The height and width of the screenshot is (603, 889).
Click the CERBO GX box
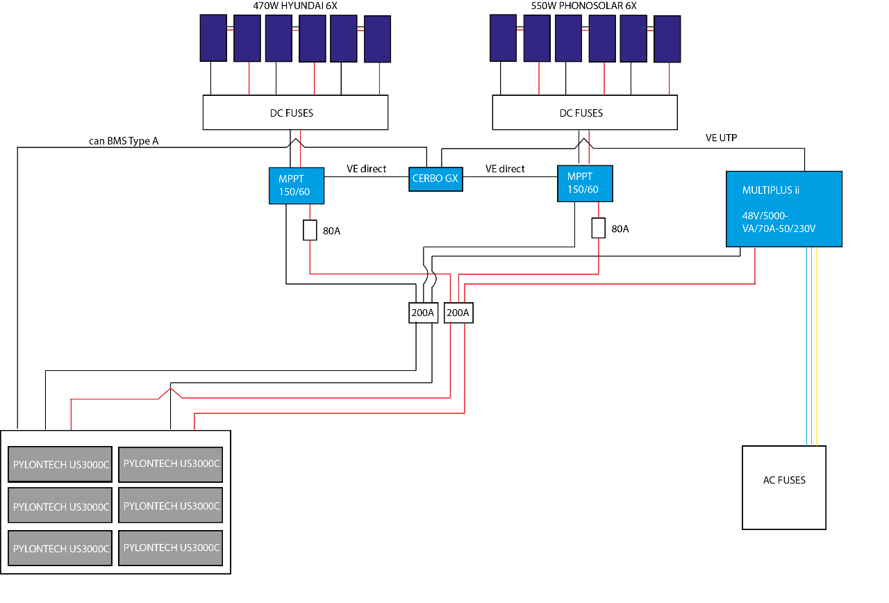tap(434, 179)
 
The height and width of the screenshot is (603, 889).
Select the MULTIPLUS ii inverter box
tap(783, 208)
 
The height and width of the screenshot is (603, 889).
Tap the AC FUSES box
tap(784, 487)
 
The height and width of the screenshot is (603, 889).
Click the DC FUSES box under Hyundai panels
tap(295, 113)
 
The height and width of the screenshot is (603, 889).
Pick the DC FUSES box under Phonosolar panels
tap(584, 113)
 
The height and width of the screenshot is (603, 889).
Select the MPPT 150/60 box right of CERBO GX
tap(585, 183)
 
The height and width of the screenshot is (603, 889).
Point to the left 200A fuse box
tap(422, 313)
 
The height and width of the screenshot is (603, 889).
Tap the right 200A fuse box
tap(458, 313)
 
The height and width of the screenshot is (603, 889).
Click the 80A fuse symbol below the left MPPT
tap(310, 230)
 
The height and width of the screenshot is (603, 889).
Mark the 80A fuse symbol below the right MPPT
tap(599, 228)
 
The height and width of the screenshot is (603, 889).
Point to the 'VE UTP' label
tap(721, 138)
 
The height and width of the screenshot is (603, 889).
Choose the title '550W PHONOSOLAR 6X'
tap(583, 6)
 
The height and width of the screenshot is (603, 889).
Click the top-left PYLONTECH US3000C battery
tap(60, 465)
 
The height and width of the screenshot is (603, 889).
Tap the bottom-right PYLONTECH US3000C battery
tap(170, 547)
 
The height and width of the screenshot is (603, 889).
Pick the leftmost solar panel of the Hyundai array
tap(213, 38)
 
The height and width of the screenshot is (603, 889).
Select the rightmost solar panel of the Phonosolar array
tap(667, 39)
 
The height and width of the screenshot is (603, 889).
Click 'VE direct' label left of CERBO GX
tap(366, 169)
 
